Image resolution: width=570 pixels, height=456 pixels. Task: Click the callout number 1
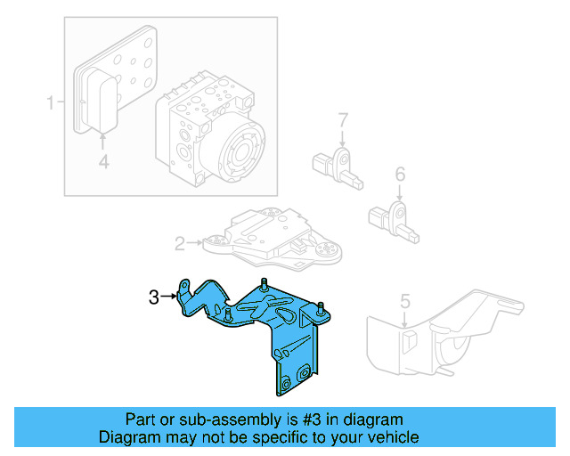51,102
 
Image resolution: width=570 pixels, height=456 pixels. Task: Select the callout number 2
179,242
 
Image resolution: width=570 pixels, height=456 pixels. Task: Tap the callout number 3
153,297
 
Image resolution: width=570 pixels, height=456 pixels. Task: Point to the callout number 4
103,161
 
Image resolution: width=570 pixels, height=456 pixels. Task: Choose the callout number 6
400,174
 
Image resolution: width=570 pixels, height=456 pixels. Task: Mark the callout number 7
341,118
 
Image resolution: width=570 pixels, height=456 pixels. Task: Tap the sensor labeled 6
396,216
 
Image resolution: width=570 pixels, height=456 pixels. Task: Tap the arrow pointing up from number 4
103,141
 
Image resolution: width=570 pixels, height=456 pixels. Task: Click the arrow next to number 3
169,297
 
